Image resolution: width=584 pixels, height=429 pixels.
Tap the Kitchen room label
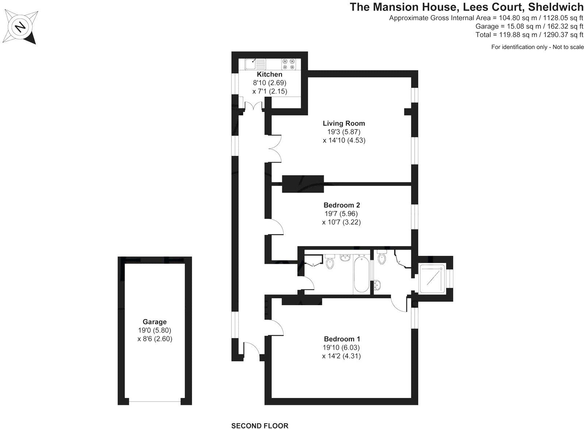[269, 74]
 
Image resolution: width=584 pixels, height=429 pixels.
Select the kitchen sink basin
[251, 64]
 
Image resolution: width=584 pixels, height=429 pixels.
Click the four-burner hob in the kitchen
[288, 64]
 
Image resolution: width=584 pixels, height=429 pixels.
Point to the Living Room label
[344, 124]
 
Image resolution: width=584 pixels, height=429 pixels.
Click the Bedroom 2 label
[342, 205]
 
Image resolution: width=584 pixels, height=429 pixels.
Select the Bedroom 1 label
[342, 339]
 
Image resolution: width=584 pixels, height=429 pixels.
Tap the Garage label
[154, 322]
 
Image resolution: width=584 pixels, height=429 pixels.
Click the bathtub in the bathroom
[361, 274]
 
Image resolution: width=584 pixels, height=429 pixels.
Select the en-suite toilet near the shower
[382, 258]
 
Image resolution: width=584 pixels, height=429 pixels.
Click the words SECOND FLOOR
[260, 425]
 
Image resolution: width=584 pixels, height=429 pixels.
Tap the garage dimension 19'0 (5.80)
[154, 330]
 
